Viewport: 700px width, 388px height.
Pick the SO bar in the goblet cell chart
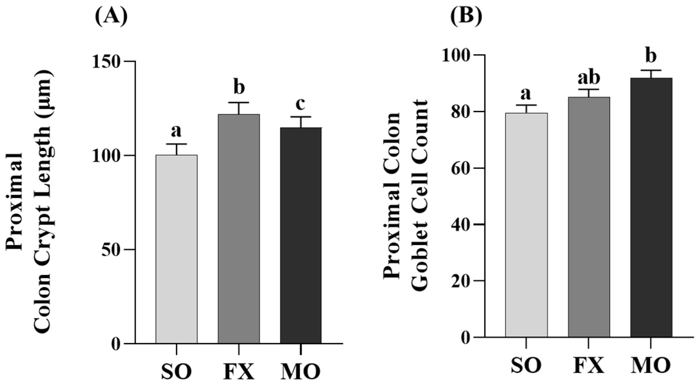[526, 225]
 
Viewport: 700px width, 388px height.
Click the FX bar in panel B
[589, 217]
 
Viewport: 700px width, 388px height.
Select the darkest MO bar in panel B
[651, 207]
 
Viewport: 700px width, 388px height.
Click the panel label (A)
[111, 17]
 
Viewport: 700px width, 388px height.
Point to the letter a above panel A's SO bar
[176, 131]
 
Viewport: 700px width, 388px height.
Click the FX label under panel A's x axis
[239, 372]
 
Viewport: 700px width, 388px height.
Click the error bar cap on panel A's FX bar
[239, 103]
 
